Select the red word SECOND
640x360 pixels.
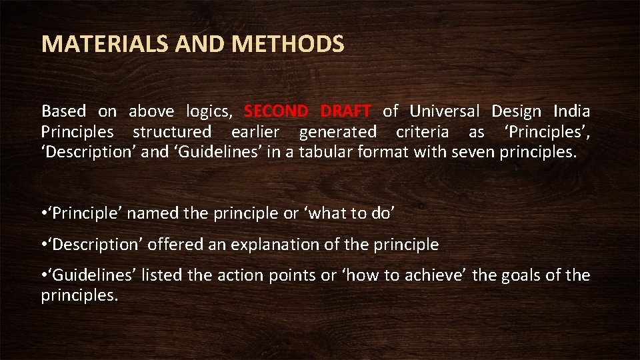pos(276,111)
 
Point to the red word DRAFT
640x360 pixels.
pos(345,111)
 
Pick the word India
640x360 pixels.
pos(571,111)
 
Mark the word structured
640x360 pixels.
pos(172,131)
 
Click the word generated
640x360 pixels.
pos(337,132)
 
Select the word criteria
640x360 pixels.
pos(421,131)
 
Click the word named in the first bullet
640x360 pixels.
pos(149,213)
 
